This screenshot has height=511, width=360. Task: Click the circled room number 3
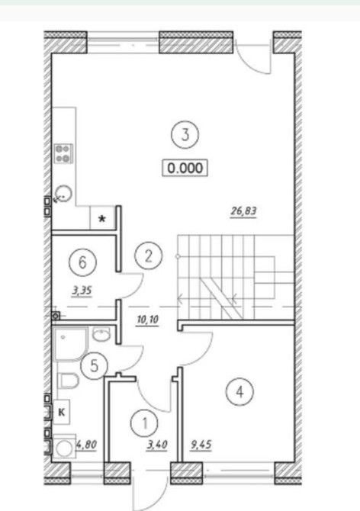[185, 134]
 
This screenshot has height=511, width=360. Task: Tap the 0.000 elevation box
[185, 168]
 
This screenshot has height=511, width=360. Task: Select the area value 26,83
[244, 211]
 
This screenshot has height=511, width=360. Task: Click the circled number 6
[82, 262]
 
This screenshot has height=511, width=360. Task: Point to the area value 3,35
[82, 291]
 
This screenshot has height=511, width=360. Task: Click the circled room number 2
[149, 256]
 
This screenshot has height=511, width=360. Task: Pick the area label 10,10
[147, 320]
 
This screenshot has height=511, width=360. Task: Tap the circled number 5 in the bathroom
[94, 365]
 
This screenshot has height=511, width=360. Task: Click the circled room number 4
[239, 392]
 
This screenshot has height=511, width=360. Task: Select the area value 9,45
[201, 445]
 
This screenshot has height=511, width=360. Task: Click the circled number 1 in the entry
[144, 423]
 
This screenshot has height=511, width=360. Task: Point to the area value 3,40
[157, 445]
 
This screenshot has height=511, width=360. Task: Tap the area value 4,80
[86, 445]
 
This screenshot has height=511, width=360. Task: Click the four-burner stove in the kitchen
[63, 153]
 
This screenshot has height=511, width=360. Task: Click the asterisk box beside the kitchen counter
[103, 217]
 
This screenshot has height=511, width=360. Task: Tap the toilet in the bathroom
[69, 381]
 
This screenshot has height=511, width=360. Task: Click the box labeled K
[61, 412]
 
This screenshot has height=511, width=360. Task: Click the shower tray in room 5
[70, 344]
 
